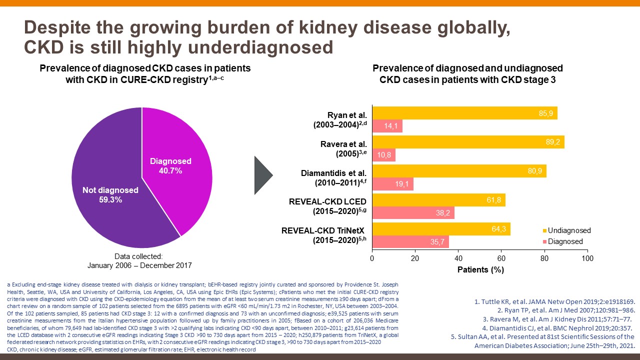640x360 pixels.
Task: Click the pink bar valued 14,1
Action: (x=387, y=126)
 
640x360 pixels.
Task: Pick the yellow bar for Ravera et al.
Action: (x=468, y=142)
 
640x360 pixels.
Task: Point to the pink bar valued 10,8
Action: (x=383, y=155)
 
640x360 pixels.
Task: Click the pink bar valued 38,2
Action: (x=413, y=213)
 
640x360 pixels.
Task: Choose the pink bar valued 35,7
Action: (x=410, y=242)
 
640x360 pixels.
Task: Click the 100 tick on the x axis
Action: (x=588, y=258)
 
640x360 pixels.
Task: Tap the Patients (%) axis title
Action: (x=480, y=270)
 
